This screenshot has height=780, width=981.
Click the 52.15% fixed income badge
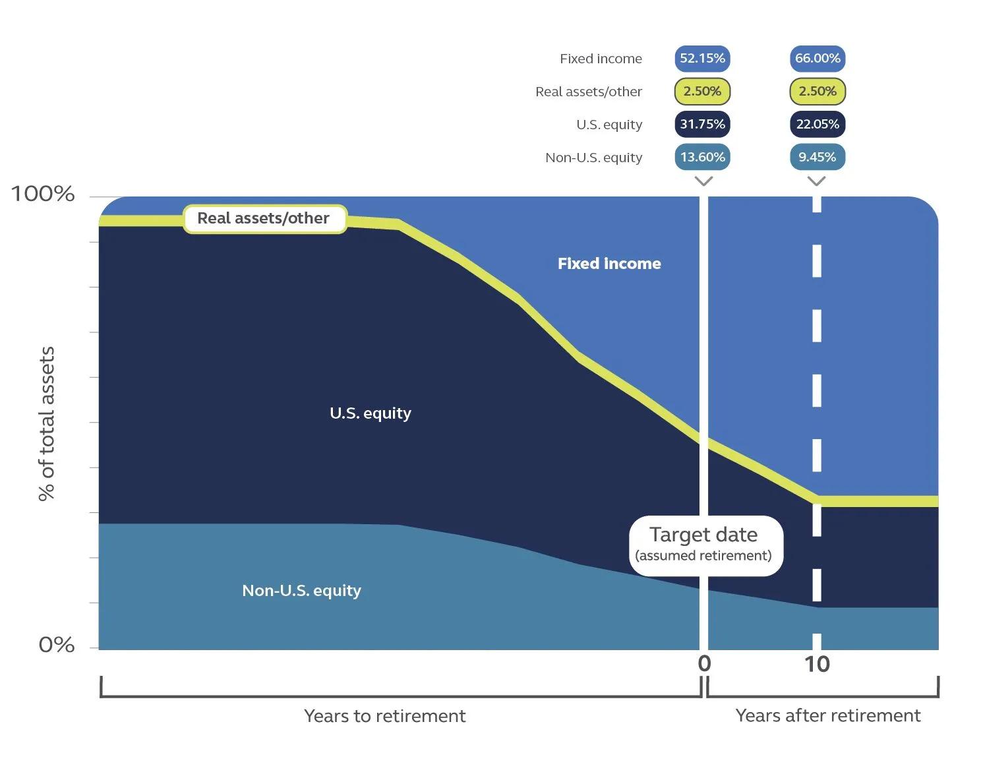(x=702, y=59)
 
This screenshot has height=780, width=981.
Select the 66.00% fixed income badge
(x=817, y=59)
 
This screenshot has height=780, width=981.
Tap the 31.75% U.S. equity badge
(x=702, y=125)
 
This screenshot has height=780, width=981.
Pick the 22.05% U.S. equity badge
(x=817, y=125)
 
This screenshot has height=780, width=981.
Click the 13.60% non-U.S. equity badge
(x=702, y=158)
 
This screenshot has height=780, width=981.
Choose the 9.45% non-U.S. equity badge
(x=817, y=158)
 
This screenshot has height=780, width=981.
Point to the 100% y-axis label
(x=43, y=194)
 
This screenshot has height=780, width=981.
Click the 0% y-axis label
(x=57, y=644)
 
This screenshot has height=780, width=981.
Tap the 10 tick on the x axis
(x=817, y=664)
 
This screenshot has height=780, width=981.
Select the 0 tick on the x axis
(x=704, y=663)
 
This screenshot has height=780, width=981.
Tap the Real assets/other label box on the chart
(x=264, y=219)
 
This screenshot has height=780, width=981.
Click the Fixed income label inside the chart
(x=609, y=264)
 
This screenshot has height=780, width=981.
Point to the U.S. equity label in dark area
(x=370, y=413)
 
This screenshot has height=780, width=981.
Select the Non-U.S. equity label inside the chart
(x=301, y=591)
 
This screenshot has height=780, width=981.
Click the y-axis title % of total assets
(x=47, y=423)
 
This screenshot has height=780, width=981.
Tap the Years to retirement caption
(x=384, y=716)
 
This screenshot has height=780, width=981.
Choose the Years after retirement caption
(x=827, y=716)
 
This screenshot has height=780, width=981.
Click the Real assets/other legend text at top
(x=588, y=92)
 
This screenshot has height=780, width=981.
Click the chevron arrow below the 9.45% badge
(x=817, y=181)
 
